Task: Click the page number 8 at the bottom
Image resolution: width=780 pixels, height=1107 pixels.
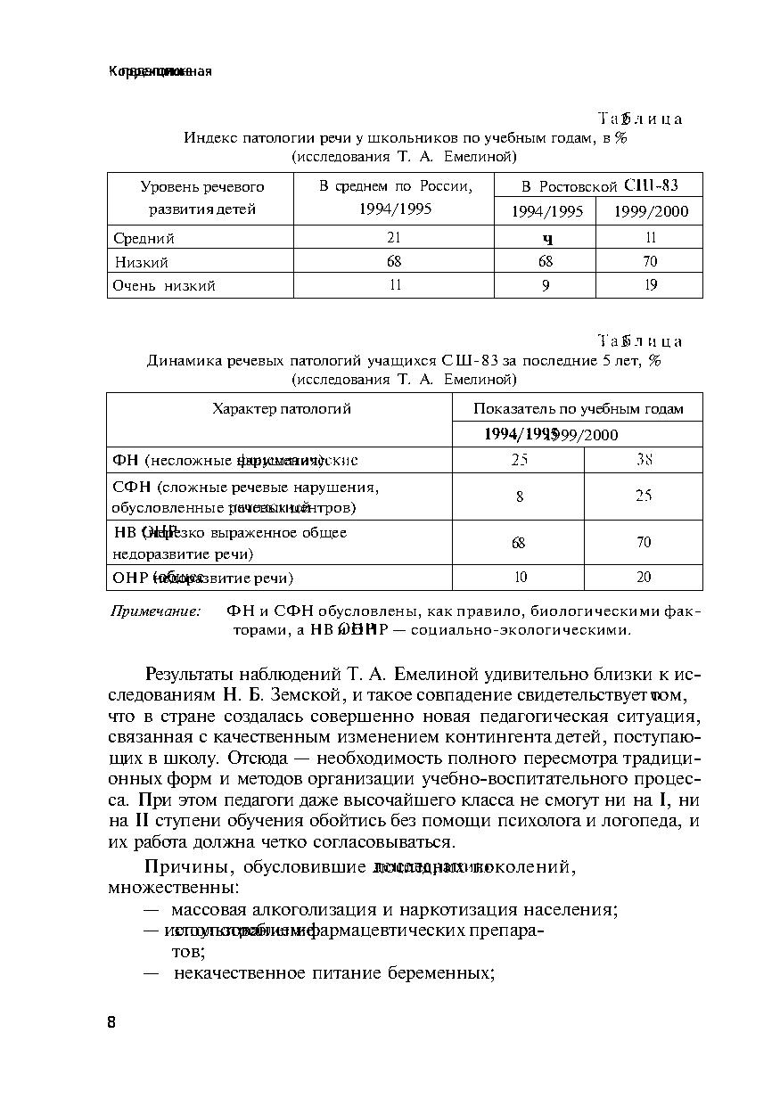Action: pos(111,1021)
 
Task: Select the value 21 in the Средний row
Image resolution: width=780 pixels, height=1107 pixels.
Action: pos(394,237)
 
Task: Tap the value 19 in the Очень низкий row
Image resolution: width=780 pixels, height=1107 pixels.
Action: pos(650,285)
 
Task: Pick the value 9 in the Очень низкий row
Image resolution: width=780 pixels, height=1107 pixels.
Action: pos(546,285)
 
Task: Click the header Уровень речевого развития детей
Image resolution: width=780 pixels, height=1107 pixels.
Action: pos(202,198)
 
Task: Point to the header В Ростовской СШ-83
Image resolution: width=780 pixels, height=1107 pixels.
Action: pos(599,185)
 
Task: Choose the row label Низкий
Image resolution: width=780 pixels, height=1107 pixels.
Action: pos(142,262)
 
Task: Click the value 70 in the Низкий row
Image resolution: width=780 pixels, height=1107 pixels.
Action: pos(650,261)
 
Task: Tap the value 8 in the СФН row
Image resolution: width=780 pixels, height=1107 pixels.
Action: pos(520,496)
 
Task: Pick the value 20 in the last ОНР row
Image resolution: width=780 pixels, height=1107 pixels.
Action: pos(644,577)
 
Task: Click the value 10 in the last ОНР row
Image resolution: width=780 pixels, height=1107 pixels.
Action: pos(520,577)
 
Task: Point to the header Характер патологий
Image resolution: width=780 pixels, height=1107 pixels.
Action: pos(281,409)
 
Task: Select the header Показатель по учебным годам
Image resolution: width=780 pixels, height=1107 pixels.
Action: pos(578,409)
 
